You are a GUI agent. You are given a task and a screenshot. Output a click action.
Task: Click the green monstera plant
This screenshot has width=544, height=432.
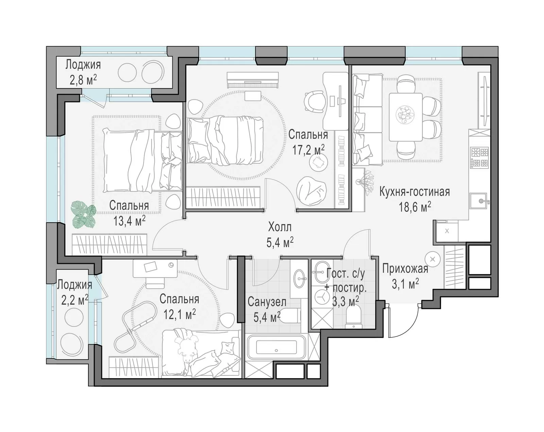83,214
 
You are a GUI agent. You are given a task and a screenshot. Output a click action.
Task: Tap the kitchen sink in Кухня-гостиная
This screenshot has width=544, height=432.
478,201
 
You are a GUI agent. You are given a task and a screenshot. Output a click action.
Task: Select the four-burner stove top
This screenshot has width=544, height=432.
479,158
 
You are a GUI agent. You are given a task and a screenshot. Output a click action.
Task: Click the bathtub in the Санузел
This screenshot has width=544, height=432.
276,347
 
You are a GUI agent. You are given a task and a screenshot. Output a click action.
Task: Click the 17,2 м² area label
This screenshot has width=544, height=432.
308,150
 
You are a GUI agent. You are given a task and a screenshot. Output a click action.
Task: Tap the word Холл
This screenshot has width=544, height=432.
279,227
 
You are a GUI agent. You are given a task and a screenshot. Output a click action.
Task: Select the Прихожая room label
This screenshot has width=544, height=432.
405,269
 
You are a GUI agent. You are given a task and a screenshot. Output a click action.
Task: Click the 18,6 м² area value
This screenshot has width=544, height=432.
415,207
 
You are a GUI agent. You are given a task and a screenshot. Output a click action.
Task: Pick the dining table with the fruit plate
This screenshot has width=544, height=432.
406,117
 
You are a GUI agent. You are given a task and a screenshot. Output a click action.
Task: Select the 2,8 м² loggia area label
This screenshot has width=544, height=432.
83,79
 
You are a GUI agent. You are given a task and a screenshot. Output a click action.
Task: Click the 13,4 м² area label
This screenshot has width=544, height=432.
129,221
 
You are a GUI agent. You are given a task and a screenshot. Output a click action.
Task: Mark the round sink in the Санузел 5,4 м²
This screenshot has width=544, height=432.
299,278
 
